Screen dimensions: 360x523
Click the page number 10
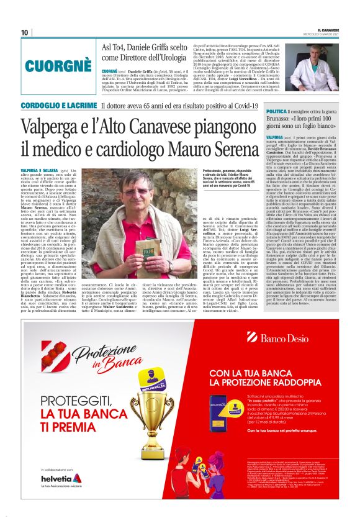(25, 32)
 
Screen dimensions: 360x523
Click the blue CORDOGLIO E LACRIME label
(60, 106)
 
